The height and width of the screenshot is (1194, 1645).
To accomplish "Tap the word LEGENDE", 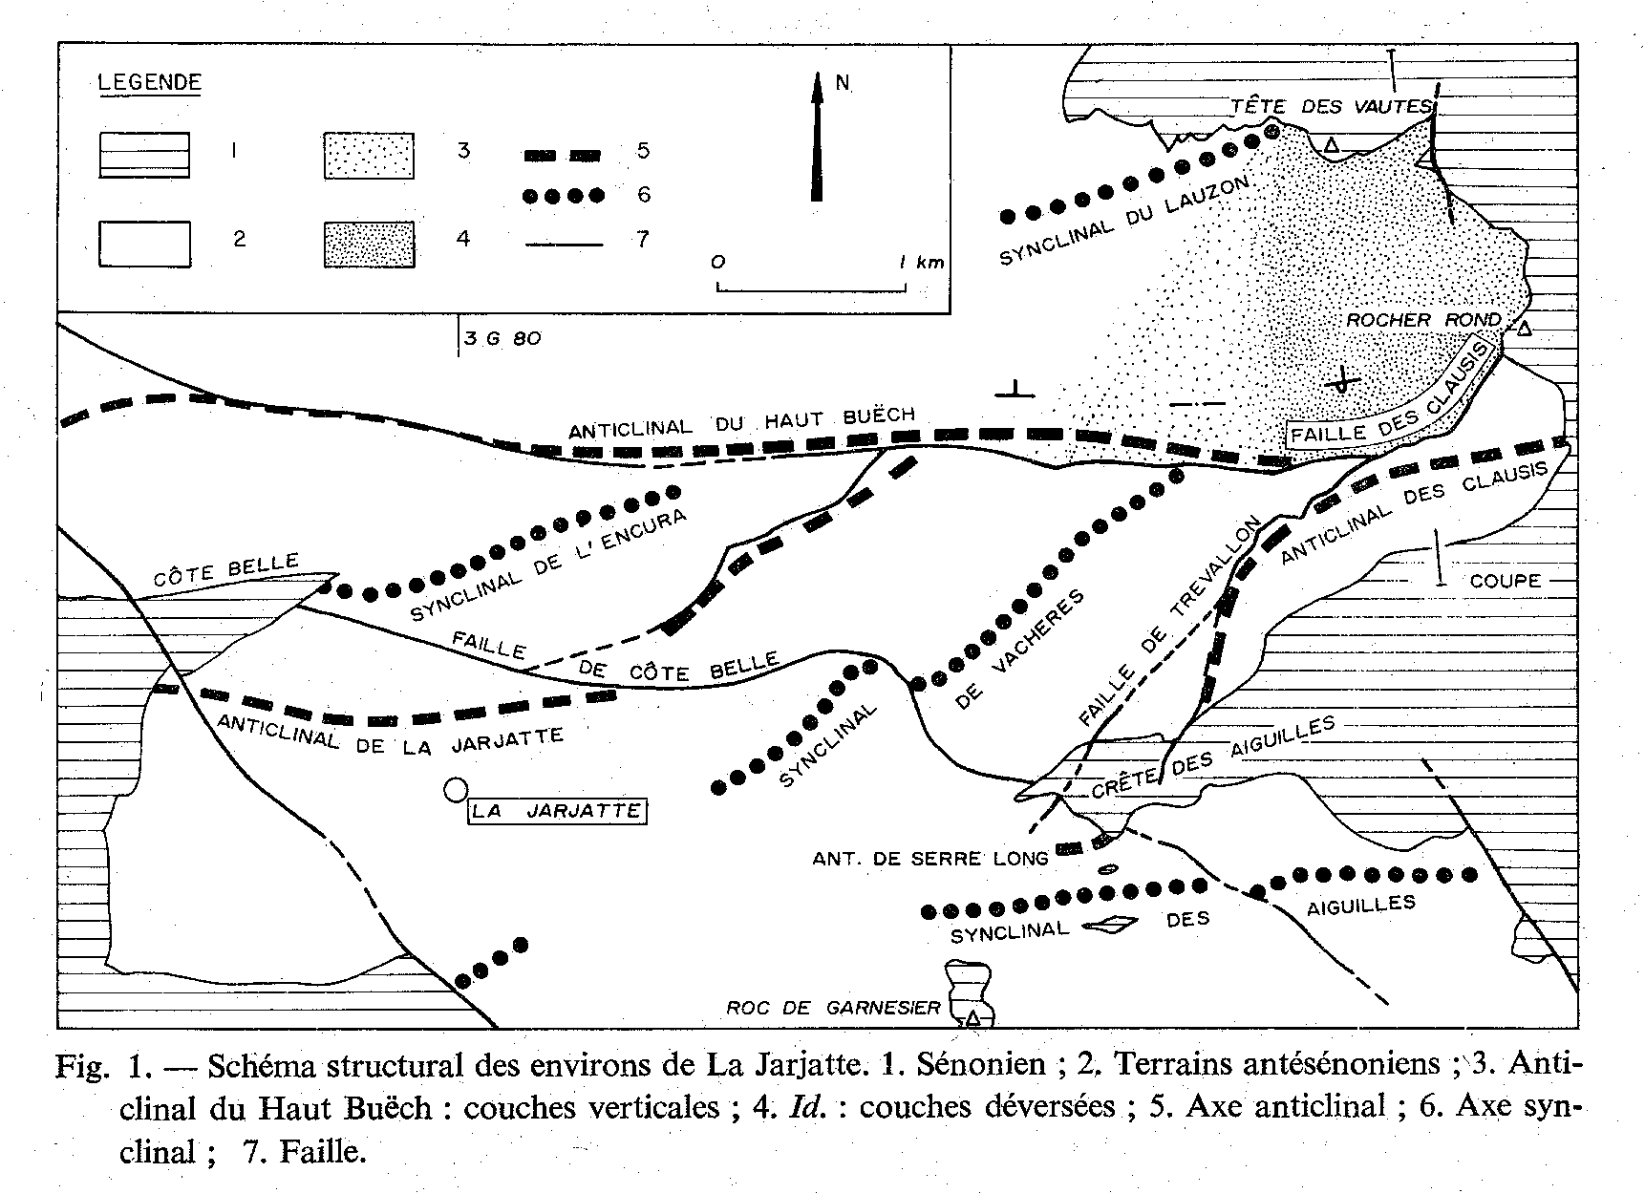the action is click(151, 82).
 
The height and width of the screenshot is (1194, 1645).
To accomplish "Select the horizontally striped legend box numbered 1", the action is click(144, 156).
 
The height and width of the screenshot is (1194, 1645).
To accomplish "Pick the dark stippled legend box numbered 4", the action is click(370, 245).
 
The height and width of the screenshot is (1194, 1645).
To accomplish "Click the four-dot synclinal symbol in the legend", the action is click(564, 196).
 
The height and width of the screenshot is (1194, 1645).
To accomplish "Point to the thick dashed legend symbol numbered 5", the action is click(564, 153).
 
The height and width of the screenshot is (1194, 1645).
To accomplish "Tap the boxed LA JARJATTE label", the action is click(556, 811).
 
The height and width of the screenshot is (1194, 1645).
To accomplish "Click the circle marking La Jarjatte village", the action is click(456, 790).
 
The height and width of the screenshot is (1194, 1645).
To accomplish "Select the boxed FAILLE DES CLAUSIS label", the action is click(1391, 395).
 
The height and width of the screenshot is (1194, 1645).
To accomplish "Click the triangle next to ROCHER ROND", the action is click(1525, 329).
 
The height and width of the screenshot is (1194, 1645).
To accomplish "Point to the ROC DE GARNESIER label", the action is click(834, 1007).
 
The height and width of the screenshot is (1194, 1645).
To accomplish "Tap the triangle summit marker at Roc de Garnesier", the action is click(972, 1017).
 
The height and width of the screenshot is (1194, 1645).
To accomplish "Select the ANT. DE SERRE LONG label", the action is click(930, 859).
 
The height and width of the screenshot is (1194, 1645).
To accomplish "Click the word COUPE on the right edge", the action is click(1506, 580).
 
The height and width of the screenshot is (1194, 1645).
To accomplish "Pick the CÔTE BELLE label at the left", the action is click(226, 571).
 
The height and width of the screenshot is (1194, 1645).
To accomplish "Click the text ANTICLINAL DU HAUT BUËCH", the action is click(742, 422).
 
